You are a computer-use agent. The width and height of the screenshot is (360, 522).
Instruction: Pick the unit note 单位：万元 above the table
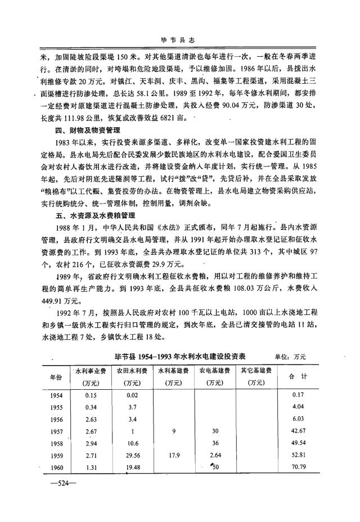click(290, 357)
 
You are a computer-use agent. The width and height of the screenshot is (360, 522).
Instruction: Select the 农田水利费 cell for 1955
click(132, 407)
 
